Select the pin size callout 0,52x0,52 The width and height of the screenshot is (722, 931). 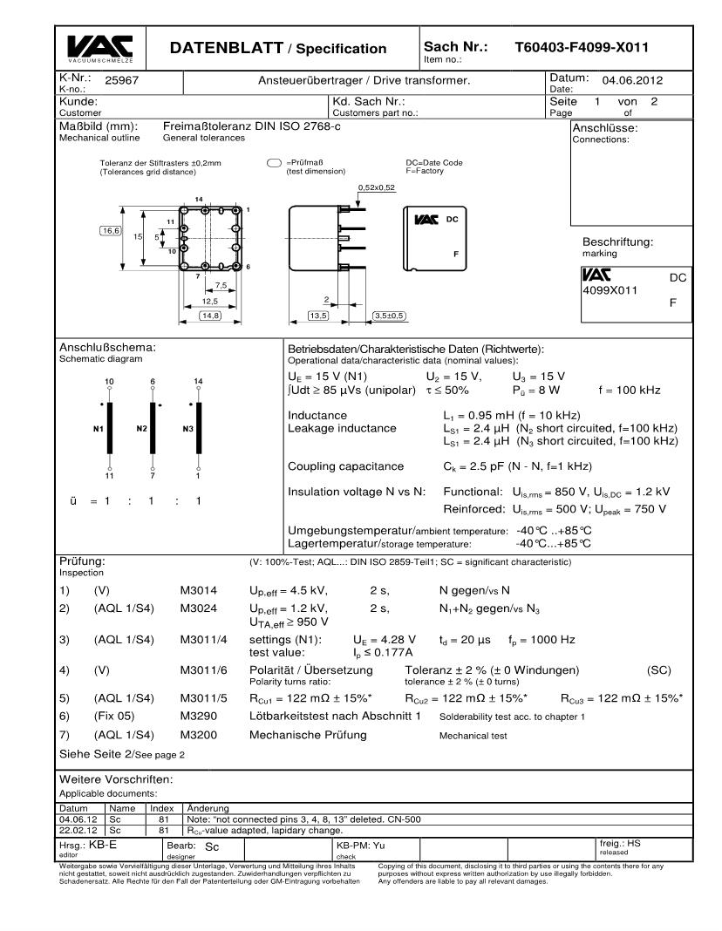[377, 187]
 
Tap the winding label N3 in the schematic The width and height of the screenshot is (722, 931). [183, 430]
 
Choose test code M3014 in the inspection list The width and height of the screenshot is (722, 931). [198, 590]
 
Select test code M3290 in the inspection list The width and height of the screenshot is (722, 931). [198, 717]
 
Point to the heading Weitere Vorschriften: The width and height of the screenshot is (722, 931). [116, 778]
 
